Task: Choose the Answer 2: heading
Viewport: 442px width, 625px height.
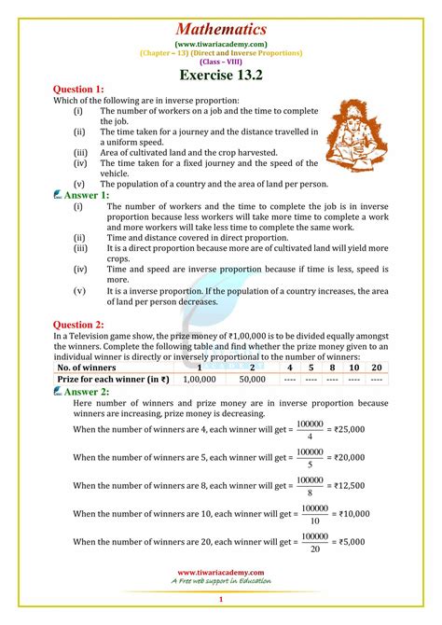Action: (x=87, y=393)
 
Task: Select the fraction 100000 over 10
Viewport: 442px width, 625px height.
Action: (x=313, y=514)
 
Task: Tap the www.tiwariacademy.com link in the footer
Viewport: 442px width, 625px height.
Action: (x=221, y=573)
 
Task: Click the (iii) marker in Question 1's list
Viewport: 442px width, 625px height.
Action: (x=81, y=152)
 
